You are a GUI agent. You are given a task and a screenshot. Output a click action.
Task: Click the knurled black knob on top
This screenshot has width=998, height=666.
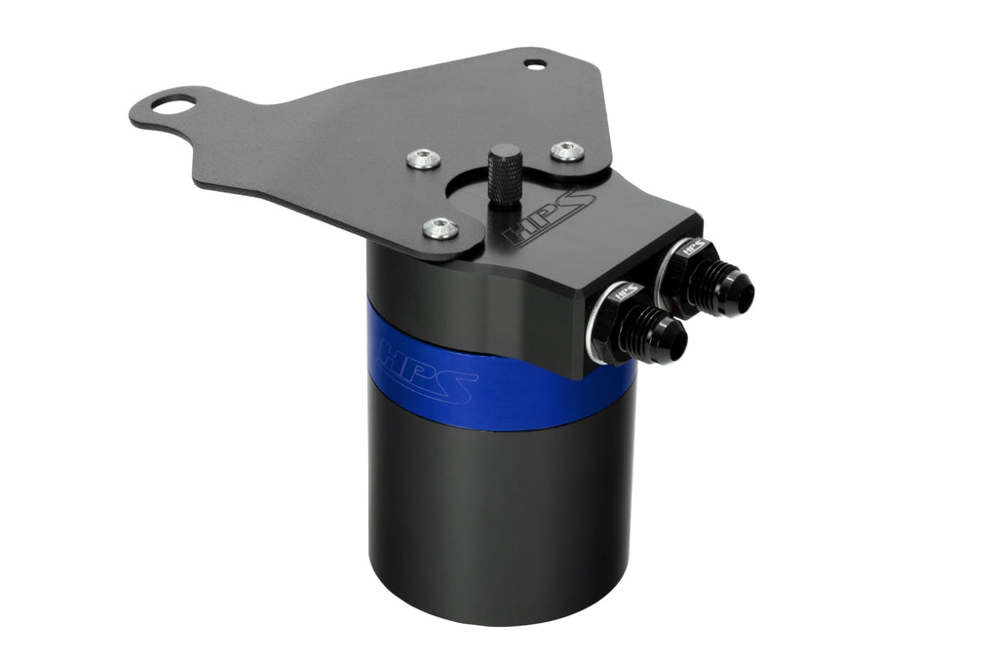(504, 174)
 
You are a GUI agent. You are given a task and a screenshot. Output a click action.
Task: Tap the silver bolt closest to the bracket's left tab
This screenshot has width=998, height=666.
(422, 158)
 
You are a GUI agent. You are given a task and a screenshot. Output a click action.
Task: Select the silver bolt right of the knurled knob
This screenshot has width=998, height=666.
(566, 151)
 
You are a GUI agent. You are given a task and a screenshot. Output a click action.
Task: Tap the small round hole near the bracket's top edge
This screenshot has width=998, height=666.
(535, 65)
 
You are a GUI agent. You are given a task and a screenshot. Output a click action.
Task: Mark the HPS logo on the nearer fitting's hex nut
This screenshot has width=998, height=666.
(627, 290)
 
